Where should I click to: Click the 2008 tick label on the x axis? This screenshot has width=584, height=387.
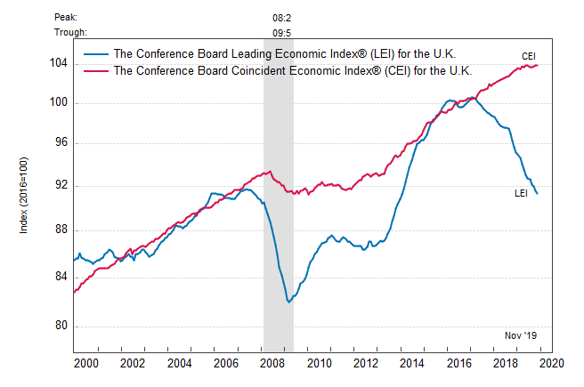pyautogui.click(x=272, y=363)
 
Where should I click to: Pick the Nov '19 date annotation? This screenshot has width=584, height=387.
pyautogui.click(x=521, y=335)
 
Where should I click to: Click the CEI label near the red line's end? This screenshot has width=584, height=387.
pyautogui.click(x=529, y=56)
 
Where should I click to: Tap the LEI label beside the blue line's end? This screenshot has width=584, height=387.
pyautogui.click(x=523, y=193)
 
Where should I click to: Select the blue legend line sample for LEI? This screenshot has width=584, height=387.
pyautogui.click(x=96, y=53)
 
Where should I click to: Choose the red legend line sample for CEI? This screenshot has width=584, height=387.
pyautogui.click(x=96, y=70)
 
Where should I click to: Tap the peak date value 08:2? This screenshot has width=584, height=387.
pyautogui.click(x=282, y=17)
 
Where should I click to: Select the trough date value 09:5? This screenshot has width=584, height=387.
pyautogui.click(x=282, y=33)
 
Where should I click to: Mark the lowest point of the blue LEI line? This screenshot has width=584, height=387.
pyautogui.click(x=288, y=302)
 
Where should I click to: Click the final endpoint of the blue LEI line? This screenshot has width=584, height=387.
pyautogui.click(x=538, y=193)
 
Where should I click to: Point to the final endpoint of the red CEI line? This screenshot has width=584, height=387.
pyautogui.click(x=538, y=64)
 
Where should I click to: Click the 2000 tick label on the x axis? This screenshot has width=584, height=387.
pyautogui.click(x=85, y=363)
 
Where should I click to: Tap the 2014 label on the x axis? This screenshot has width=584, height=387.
pyautogui.click(x=412, y=363)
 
